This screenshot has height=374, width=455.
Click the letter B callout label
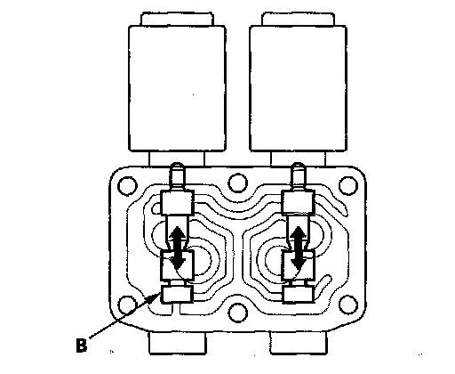[82, 346]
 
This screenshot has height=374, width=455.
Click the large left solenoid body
[177, 88]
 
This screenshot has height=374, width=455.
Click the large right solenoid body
[299, 88]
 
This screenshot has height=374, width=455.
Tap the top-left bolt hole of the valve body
[127, 186]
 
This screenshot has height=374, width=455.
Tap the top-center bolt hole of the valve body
[238, 183]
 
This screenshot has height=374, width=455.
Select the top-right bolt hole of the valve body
[348, 186]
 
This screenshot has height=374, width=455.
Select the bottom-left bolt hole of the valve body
[127, 305]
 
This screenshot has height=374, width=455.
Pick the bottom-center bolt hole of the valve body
[238, 313]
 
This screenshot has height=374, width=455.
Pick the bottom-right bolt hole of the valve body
[348, 305]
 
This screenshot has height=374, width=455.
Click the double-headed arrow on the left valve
[178, 247]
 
